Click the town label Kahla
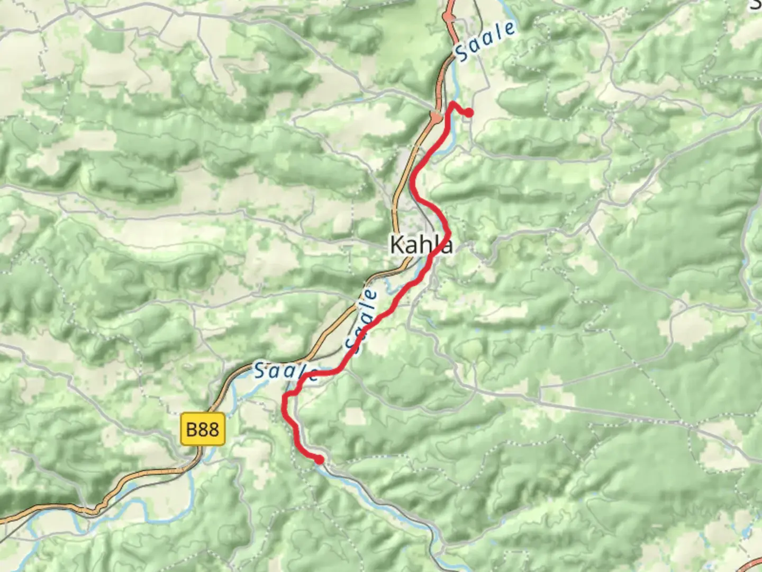click(421, 245)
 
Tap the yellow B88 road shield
click(203, 428)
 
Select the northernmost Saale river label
click(485, 42)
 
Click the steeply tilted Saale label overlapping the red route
click(362, 320)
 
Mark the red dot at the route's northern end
click(468, 112)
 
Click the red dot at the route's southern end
click(319, 459)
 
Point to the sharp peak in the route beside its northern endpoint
click(452, 103)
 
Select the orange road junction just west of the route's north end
click(436, 116)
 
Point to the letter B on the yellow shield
click(191, 428)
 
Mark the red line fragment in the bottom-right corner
click(754, 565)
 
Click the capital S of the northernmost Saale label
click(461, 53)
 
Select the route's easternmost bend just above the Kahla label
click(449, 231)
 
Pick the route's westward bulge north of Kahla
click(413, 183)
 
